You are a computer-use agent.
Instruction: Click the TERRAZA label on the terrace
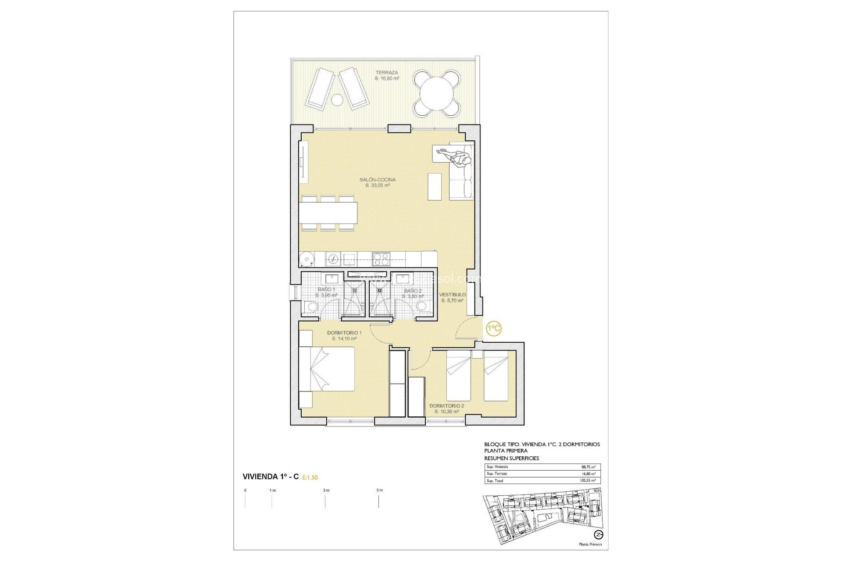pos(387,73)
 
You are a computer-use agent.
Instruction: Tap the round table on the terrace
pos(437,93)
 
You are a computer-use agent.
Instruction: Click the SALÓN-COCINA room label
pos(377,180)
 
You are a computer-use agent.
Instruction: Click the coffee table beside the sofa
pos(435,187)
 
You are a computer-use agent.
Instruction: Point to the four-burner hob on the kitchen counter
pos(381,259)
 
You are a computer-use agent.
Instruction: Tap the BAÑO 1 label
pos(326,290)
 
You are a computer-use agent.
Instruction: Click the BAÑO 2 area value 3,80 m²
pos(413,297)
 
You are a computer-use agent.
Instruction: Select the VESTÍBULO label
pos(452,295)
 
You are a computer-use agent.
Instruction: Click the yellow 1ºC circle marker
pos(494,328)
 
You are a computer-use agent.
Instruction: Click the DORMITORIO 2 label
pos(446,406)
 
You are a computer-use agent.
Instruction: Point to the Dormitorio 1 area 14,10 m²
pos(344,339)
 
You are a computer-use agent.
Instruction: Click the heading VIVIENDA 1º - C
pos(271,477)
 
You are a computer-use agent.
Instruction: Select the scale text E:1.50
pos(310,478)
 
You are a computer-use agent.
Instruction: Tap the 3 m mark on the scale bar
pos(325,490)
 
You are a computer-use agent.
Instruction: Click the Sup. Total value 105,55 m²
pos(588,481)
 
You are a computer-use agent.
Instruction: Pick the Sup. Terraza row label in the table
pos(497,474)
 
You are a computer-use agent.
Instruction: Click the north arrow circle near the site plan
pos(599,535)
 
